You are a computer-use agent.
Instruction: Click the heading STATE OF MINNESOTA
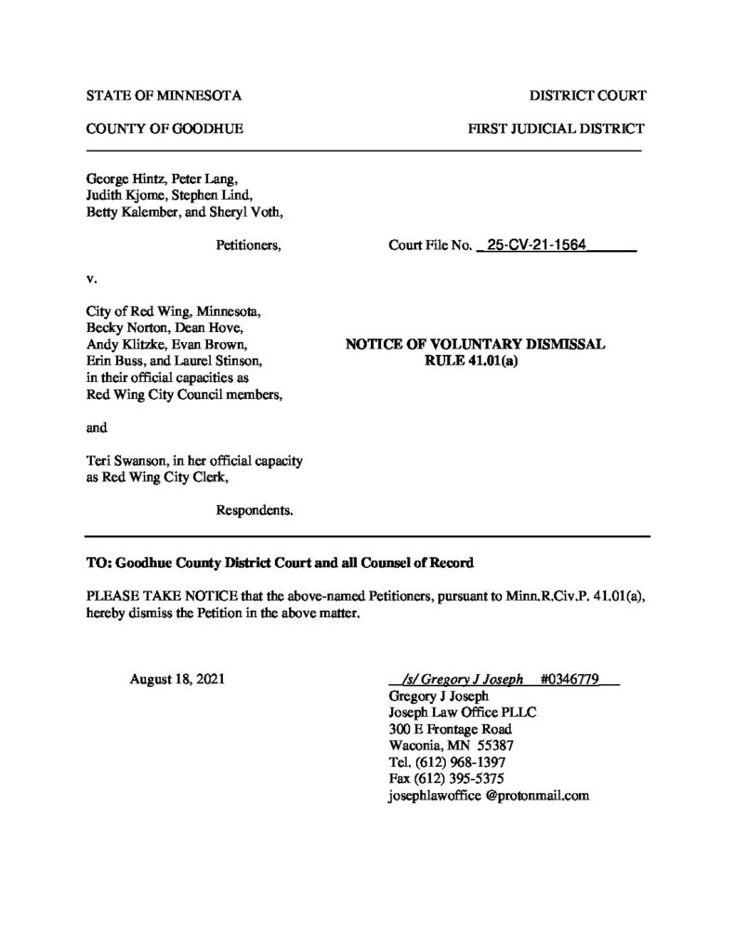[164, 96]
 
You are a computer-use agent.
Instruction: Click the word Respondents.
[256, 509]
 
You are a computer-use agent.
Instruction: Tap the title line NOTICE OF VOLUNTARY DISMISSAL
[475, 344]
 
